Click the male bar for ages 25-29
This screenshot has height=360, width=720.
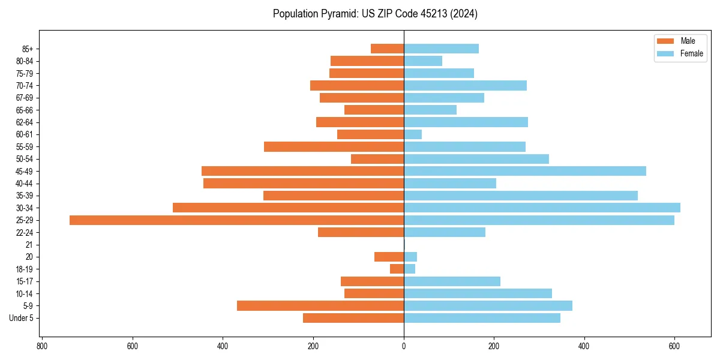(x=236, y=220)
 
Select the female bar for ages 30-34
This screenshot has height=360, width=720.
(x=542, y=208)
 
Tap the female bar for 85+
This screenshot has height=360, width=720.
(x=441, y=49)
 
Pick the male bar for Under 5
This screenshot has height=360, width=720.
(x=353, y=318)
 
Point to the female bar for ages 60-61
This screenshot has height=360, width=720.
(x=413, y=134)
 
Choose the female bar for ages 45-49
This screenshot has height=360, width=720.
(x=525, y=171)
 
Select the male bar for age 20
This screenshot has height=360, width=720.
(x=389, y=257)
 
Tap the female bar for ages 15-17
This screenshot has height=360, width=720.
(x=452, y=281)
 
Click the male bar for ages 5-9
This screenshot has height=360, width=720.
(x=320, y=306)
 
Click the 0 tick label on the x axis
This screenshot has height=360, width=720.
(x=404, y=346)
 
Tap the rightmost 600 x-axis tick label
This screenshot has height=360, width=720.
(x=674, y=346)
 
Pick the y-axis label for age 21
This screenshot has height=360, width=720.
(x=29, y=245)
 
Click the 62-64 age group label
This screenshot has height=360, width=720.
(x=25, y=122)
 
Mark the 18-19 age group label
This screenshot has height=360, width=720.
(x=25, y=269)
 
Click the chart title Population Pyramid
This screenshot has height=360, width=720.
(x=375, y=14)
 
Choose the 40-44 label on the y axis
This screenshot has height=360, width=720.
(x=25, y=184)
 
